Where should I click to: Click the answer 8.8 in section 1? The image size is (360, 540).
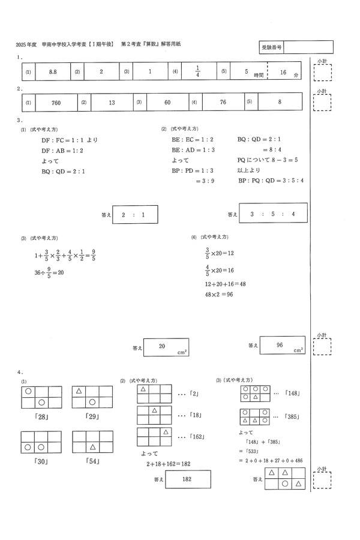tap(52, 71)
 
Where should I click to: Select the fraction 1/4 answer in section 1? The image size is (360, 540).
tap(197, 71)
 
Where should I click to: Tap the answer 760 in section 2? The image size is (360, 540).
tap(56, 103)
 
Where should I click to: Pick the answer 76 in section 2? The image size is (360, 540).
tap(223, 103)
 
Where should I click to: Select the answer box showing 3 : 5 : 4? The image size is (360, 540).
tap(273, 214)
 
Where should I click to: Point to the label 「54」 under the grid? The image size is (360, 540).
tap(92, 461)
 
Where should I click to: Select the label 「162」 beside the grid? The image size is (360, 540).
tap(197, 437)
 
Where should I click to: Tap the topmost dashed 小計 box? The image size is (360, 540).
tap(322, 72)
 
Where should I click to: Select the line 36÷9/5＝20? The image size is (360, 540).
tap(49, 272)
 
